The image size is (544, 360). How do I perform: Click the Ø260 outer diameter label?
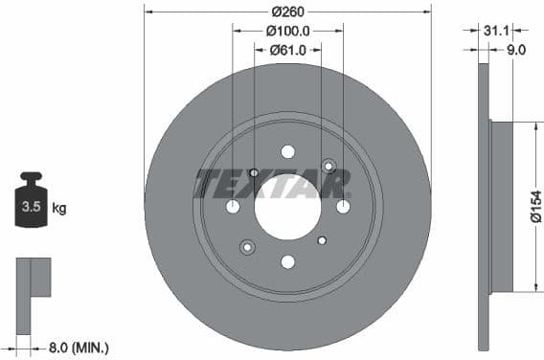[x=287, y=12]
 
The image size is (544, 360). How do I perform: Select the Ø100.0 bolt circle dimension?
[x=287, y=32]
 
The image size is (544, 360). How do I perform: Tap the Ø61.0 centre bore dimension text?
[x=287, y=50]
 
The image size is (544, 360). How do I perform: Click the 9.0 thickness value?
[x=516, y=51]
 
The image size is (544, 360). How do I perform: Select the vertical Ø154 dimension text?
[x=535, y=207]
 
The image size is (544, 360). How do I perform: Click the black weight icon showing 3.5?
[x=32, y=201]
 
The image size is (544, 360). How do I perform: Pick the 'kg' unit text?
[x=59, y=208]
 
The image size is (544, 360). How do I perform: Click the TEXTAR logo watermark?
[x=260, y=183]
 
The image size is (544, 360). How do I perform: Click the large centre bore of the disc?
[x=287, y=207]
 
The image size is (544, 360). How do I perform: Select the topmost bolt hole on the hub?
[x=287, y=151]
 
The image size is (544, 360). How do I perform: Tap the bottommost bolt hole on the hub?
[x=287, y=262]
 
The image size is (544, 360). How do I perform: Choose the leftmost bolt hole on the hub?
[x=233, y=207]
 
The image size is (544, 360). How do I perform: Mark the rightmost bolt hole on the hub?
[x=343, y=207]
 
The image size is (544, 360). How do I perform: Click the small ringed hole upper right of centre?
[x=329, y=167]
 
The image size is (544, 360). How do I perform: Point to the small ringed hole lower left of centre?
[x=247, y=248]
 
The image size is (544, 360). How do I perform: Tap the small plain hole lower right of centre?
[x=322, y=240]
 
